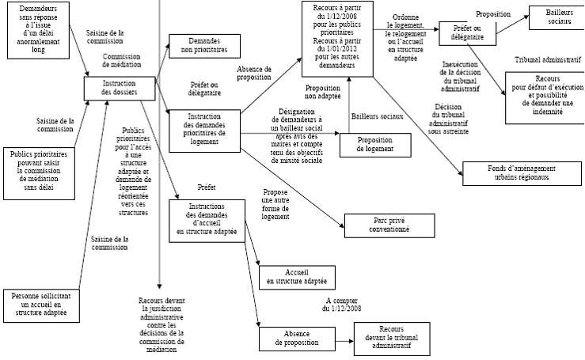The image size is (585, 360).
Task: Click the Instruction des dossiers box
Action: pyautogui.click(x=119, y=88)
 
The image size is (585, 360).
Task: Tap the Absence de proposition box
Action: pyautogui.click(x=291, y=338)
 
